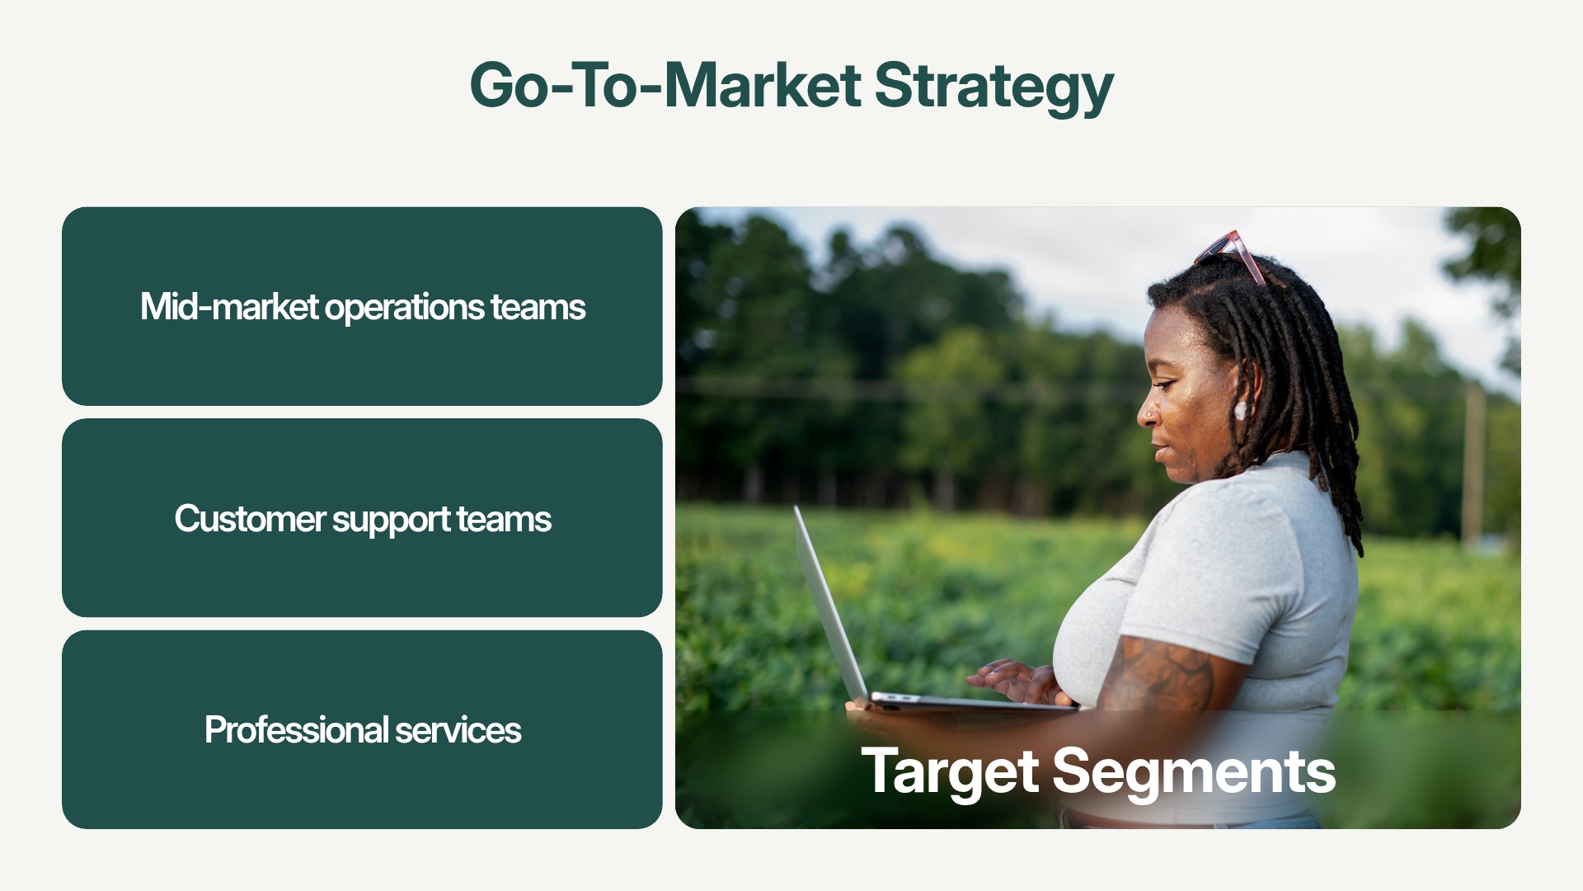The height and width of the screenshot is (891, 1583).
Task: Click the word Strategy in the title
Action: [x=993, y=86]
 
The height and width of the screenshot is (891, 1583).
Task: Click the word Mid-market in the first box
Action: [x=229, y=307]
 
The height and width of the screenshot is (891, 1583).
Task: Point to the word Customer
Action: [x=250, y=519]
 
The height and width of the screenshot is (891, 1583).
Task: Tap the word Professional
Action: [x=296, y=730]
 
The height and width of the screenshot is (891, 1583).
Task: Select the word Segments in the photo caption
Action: [x=1193, y=771]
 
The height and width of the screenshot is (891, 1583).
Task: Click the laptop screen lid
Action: [x=829, y=602]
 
